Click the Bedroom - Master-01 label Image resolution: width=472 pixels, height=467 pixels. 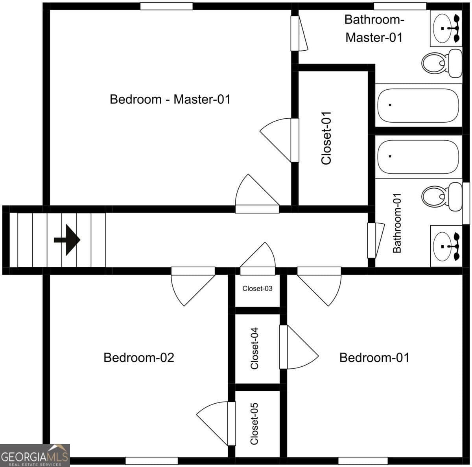coord(170,99)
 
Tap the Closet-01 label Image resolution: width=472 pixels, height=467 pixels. coord(326,138)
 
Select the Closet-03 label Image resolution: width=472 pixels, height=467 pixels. coord(257,289)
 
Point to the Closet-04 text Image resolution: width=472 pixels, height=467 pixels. coord(254,348)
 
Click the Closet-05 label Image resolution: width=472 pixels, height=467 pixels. coord(254,424)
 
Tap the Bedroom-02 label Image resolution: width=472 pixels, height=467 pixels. coord(139,358)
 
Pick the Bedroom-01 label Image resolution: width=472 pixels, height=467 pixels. coord(374,358)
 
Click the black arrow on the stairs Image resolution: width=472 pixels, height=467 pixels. coord(67,240)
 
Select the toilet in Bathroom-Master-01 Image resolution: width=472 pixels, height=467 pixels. coord(442,63)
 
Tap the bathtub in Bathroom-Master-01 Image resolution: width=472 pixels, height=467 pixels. coord(419,105)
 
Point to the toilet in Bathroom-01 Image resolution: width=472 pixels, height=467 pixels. coord(442,197)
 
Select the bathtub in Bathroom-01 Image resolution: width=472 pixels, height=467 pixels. coord(419,156)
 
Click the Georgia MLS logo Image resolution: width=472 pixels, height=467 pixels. coord(35,455)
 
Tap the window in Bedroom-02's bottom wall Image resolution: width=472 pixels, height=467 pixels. coord(151,461)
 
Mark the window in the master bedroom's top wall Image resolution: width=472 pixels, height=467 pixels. coord(166,6)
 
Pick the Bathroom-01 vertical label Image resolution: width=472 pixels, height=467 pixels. coord(397,223)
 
